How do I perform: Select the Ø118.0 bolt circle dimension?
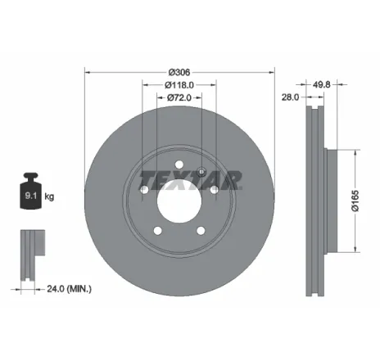(x=179, y=84)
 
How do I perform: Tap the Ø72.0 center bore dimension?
(x=179, y=98)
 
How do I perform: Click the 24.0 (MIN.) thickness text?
(x=68, y=289)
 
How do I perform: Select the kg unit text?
(x=51, y=196)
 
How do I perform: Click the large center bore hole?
(x=179, y=199)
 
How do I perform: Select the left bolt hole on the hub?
(x=143, y=189)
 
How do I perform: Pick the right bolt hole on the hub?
(x=214, y=189)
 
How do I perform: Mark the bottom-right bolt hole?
(x=201, y=230)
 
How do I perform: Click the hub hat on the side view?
(x=330, y=201)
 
